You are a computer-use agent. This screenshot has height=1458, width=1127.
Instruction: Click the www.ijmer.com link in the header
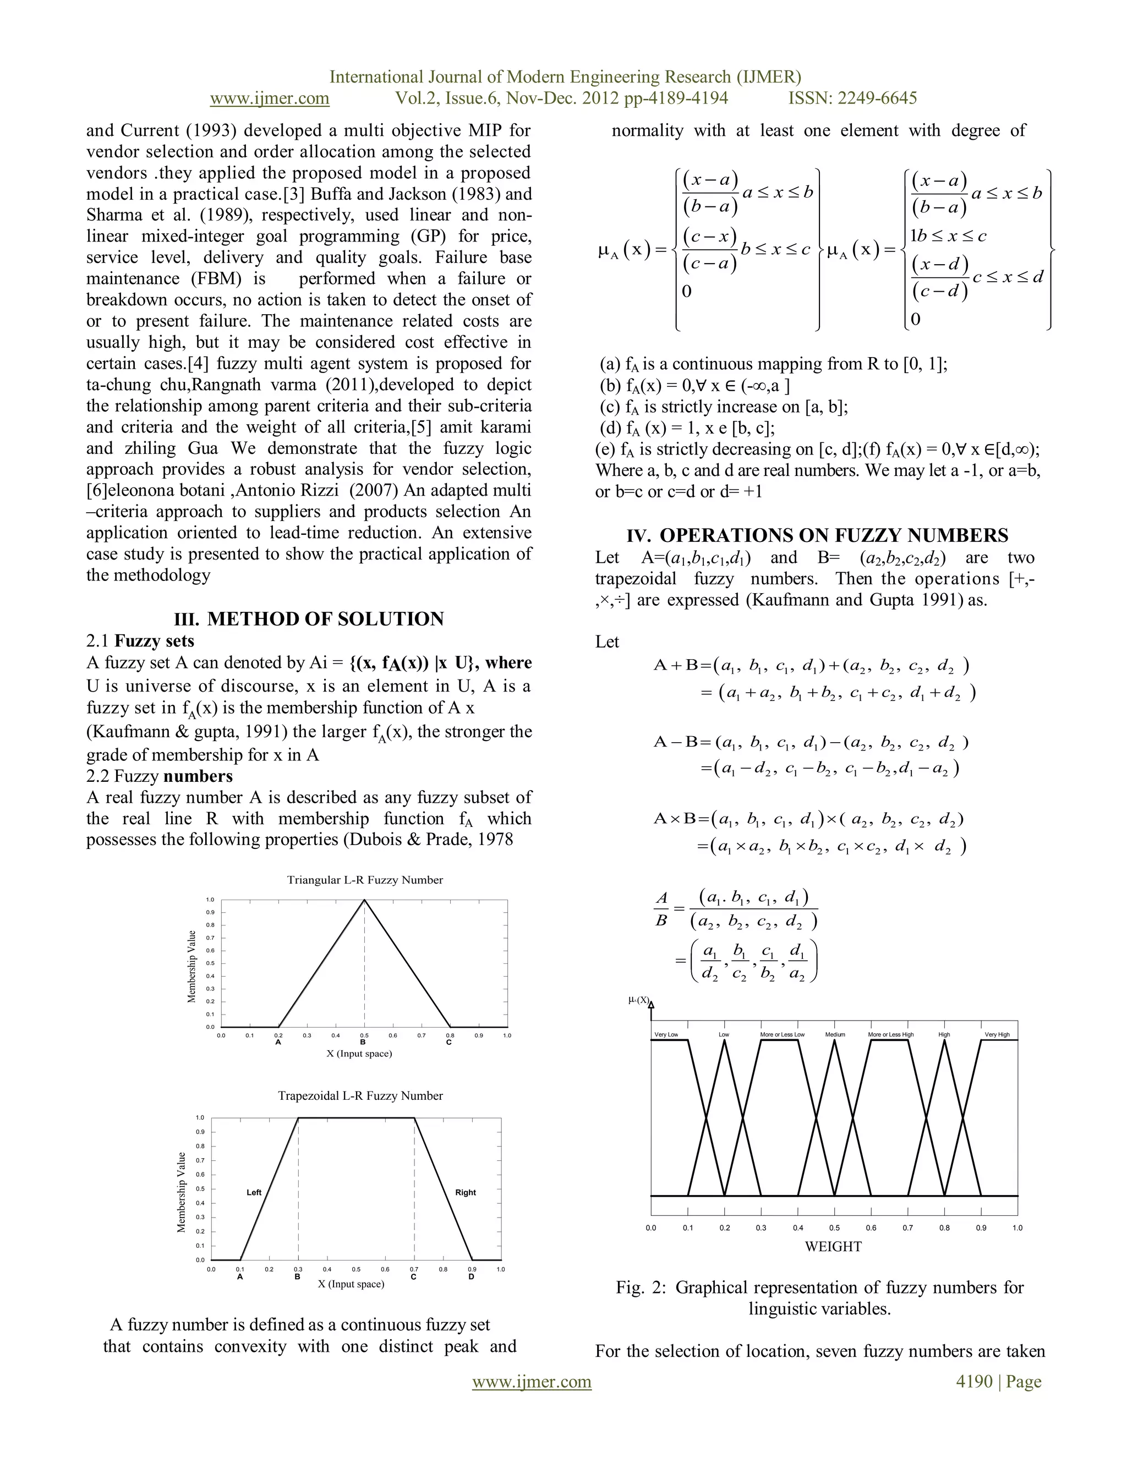[269, 98]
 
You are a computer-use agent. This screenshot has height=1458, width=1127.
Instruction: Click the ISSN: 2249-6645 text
[852, 98]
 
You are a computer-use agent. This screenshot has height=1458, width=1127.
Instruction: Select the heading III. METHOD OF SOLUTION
[309, 619]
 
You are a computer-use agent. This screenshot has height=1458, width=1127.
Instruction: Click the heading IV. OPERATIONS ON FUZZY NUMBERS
[817, 535]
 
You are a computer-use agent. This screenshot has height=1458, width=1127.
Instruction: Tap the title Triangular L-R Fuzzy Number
[364, 880]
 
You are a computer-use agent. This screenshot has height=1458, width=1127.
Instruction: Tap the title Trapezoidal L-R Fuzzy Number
[360, 1095]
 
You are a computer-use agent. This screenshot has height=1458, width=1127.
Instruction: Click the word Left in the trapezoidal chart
[254, 1192]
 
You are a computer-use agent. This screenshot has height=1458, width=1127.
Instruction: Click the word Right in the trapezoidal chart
[466, 1192]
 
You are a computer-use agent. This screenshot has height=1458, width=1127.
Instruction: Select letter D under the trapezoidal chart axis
[472, 1277]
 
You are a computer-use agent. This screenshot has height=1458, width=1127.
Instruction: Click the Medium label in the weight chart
[835, 1035]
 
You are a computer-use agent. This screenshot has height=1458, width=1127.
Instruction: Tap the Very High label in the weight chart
[997, 1035]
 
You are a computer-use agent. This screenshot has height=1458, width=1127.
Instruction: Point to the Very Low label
[666, 1035]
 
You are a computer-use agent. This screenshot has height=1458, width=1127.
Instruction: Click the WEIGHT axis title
[833, 1246]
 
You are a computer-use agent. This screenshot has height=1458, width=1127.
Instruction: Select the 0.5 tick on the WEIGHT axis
[835, 1227]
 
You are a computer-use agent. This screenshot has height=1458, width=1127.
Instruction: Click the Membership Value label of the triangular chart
[192, 966]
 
